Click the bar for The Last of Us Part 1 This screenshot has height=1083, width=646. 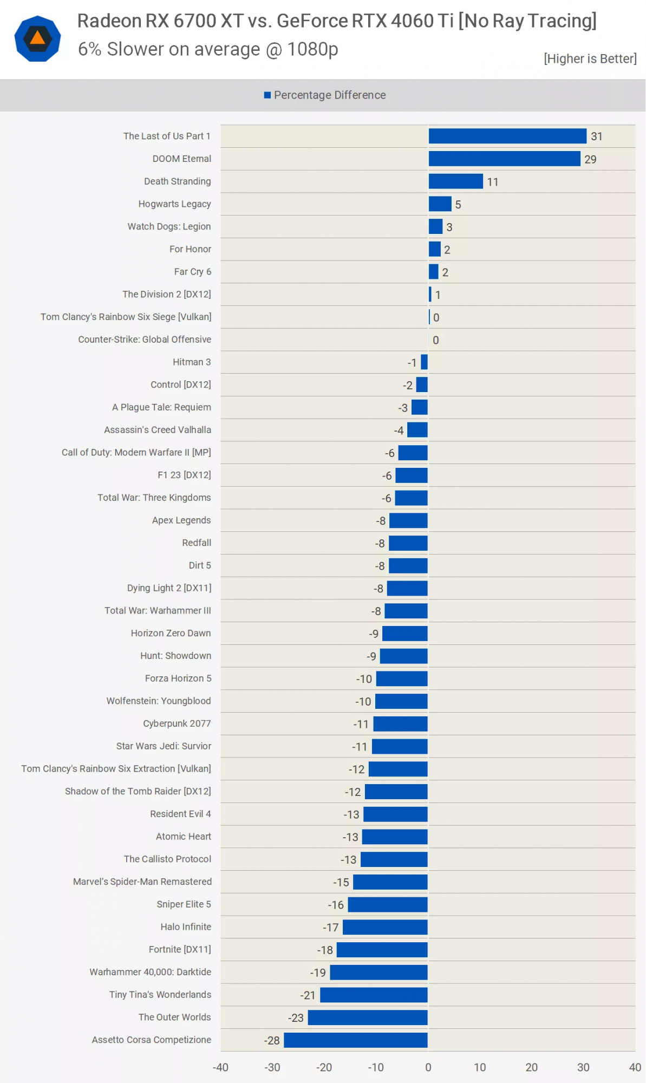[507, 136]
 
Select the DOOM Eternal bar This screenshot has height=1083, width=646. [504, 159]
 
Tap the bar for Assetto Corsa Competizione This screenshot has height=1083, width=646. [356, 1040]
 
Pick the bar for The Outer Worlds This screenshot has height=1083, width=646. [368, 1017]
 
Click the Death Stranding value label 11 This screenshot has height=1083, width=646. [492, 182]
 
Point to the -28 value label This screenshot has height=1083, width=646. [272, 1040]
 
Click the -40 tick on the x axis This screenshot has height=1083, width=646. [220, 1067]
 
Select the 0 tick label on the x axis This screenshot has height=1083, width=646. [428, 1067]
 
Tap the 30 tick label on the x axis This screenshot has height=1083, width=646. [583, 1067]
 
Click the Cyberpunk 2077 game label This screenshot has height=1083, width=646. [177, 723]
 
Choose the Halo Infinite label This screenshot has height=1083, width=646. [186, 927]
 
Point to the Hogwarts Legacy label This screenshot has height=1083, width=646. [174, 204]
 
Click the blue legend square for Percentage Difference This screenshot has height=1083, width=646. [267, 95]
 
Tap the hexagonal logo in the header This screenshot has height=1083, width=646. [37, 38]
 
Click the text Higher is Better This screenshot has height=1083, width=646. [590, 58]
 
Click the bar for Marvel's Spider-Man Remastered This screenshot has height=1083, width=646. [390, 882]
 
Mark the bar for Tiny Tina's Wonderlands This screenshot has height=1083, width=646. [374, 995]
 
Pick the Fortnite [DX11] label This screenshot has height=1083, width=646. [180, 949]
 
